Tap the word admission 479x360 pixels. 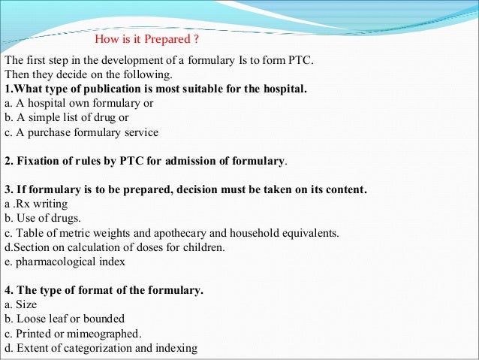coord(197,161)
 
